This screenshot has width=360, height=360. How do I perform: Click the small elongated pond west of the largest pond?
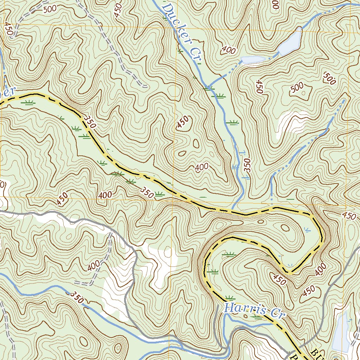click(x=252, y=60)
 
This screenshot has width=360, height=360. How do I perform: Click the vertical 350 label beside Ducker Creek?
click(x=247, y=165)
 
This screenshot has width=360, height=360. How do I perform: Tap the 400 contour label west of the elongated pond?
click(x=229, y=50)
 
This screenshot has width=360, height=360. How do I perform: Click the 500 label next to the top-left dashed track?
click(x=50, y=9)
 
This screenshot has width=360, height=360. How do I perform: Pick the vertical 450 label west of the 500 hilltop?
click(x=259, y=86)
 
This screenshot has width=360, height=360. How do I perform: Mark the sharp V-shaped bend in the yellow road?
click(x=290, y=271)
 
